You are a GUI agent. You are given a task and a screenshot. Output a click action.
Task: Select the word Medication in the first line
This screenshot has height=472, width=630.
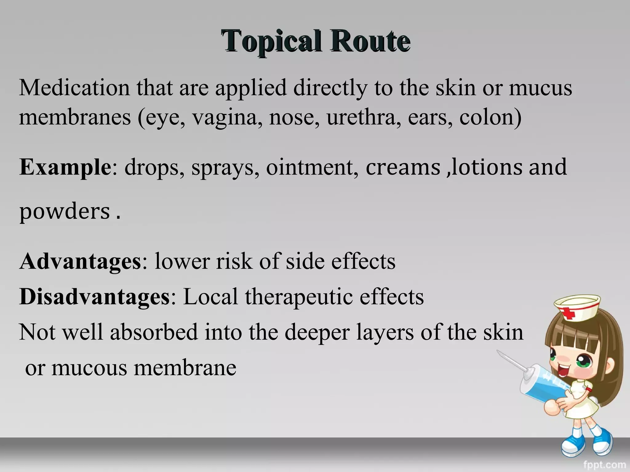(74, 88)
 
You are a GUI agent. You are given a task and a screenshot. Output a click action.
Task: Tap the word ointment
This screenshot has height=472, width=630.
(312, 167)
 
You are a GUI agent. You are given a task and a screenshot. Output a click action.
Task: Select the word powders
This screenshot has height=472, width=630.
(65, 212)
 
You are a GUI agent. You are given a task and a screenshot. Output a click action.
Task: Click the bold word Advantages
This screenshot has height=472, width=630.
(80, 261)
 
